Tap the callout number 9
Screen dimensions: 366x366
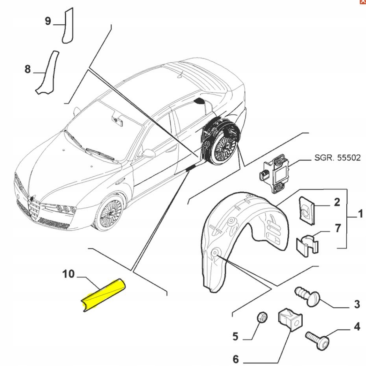pos(48,21)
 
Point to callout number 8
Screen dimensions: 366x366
pos(27,69)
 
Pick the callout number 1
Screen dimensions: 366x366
pos(360,215)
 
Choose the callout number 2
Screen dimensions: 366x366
pos(337,203)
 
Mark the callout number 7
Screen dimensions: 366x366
pos(337,228)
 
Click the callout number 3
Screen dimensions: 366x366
pos(357,304)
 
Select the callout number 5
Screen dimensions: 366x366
pos(235,336)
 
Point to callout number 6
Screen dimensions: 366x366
pos(236,359)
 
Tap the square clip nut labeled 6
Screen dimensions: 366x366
pos(289,318)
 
